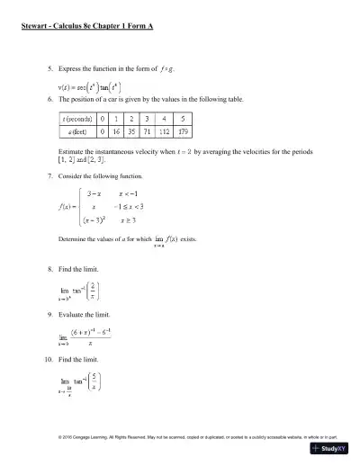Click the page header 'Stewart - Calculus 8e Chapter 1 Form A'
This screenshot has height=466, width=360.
pyautogui.click(x=87, y=27)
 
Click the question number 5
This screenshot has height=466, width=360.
pyautogui.click(x=49, y=67)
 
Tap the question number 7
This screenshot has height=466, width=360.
pyautogui.click(x=49, y=178)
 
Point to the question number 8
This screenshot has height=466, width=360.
pyautogui.click(x=49, y=269)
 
